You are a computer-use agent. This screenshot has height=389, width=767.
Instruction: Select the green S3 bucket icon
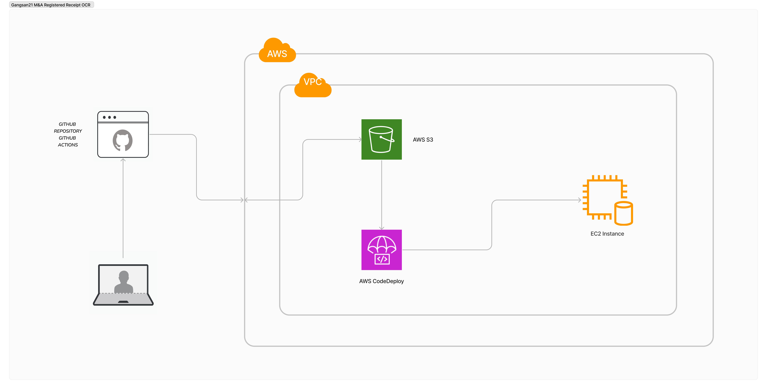click(x=381, y=139)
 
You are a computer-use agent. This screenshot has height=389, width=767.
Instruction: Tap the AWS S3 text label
click(x=423, y=140)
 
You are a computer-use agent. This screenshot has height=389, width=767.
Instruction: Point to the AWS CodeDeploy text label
click(x=381, y=281)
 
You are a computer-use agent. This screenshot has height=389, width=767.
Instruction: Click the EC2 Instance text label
click(x=607, y=234)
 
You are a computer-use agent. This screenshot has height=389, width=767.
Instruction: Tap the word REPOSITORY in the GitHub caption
click(x=68, y=131)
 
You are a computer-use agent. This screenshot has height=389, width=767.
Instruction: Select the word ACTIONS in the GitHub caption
click(x=68, y=145)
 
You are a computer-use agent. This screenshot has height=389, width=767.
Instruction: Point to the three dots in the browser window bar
click(x=109, y=117)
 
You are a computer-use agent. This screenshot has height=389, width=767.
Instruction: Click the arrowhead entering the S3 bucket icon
click(x=360, y=139)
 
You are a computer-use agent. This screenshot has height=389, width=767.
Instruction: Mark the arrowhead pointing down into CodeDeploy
click(x=381, y=228)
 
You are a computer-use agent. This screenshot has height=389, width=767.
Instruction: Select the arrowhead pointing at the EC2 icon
click(x=579, y=200)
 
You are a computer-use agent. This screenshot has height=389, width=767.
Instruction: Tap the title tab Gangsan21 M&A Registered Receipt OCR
click(x=51, y=5)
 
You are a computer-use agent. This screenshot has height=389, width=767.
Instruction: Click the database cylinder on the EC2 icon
click(x=624, y=213)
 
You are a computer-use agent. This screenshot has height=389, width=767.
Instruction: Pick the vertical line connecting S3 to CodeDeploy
click(x=381, y=194)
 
